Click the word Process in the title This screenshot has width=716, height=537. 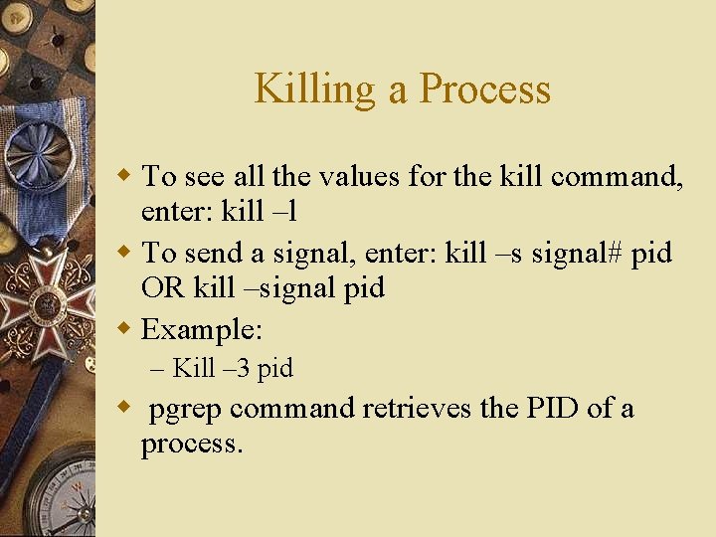point(484,89)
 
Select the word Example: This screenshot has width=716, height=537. point(202,328)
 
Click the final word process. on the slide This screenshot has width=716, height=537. point(192,444)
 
